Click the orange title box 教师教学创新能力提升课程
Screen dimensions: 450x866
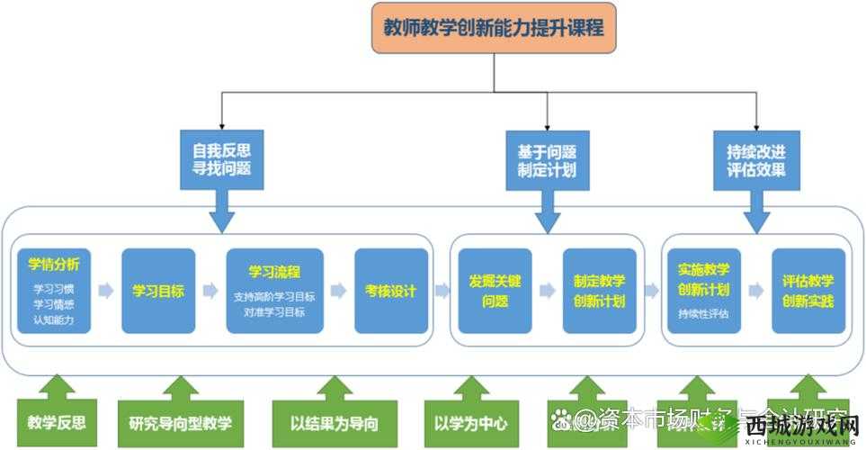point(494,28)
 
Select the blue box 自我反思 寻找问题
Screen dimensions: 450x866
point(221,159)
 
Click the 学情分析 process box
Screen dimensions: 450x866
point(54,291)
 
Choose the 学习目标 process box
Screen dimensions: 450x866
point(158,291)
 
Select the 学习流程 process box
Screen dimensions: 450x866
point(274,291)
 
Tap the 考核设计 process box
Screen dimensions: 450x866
point(390,291)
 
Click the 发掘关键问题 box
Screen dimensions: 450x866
point(495,291)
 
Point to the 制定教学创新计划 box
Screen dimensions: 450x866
point(599,291)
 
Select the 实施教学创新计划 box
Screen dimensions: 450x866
point(704,291)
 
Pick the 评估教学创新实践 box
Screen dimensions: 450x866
point(808,291)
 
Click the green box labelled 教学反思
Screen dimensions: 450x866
point(57,422)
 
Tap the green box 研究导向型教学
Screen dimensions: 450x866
point(180,422)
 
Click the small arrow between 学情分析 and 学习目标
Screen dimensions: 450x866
point(106,291)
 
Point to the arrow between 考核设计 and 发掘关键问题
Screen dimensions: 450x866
point(442,291)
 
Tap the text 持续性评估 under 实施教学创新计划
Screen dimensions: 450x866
point(704,314)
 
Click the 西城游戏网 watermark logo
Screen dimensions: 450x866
point(800,428)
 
